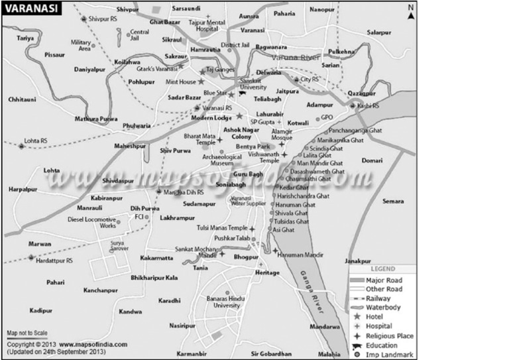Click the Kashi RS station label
click(368, 105)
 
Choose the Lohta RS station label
click(36, 141)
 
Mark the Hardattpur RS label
click(54, 261)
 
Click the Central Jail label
click(139, 34)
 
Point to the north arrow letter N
click(410, 7)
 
